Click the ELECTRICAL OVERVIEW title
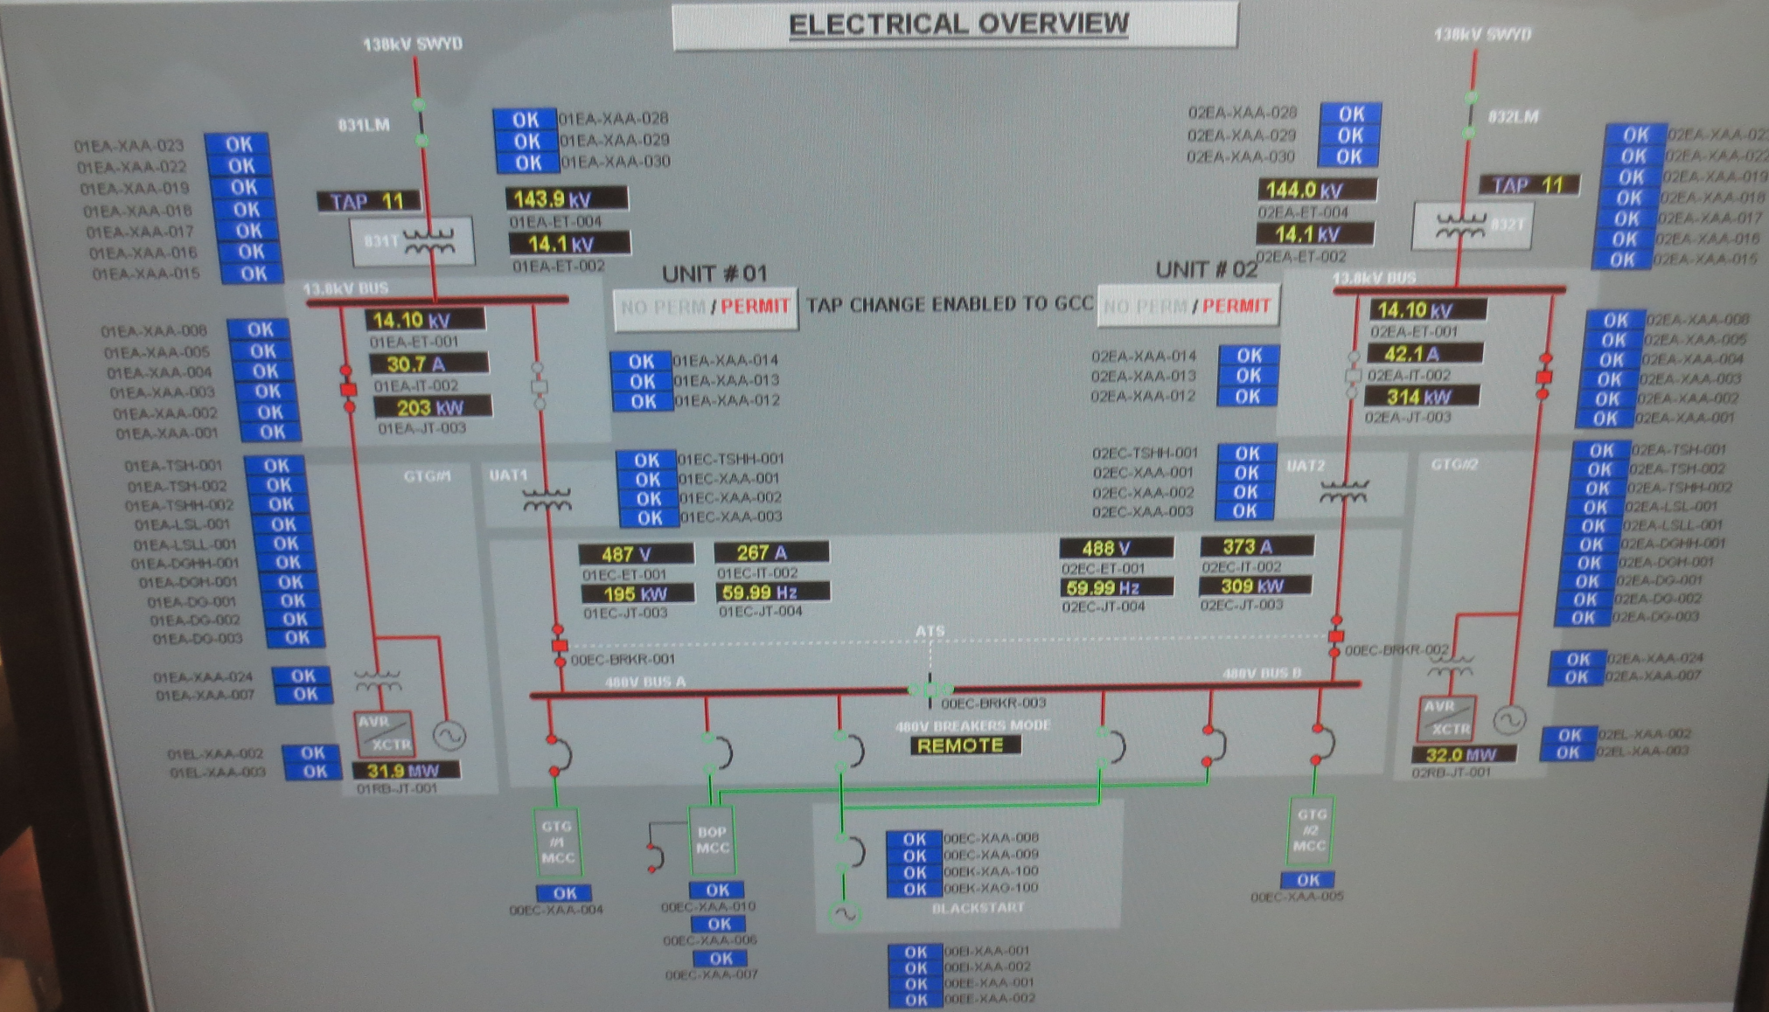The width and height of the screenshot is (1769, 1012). (x=958, y=24)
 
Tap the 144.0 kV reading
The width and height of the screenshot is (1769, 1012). (x=1316, y=190)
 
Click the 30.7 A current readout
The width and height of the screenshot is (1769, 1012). (x=428, y=364)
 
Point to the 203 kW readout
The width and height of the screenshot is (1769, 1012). (x=431, y=407)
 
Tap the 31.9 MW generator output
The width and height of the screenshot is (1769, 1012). (x=405, y=771)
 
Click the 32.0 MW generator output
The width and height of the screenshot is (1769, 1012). (x=1463, y=755)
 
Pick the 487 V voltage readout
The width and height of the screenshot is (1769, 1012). (x=635, y=554)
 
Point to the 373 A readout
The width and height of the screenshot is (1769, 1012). (x=1255, y=547)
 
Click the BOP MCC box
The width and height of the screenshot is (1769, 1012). (x=713, y=840)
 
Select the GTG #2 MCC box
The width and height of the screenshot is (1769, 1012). (x=1310, y=830)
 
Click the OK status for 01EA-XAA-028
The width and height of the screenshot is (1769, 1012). (x=526, y=120)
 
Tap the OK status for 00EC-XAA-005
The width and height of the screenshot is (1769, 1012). (x=1308, y=880)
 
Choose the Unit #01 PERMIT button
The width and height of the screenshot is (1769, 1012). (x=755, y=307)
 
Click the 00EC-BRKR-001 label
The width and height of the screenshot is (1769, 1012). (x=623, y=660)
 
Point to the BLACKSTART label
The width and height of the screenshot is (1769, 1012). (x=978, y=908)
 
